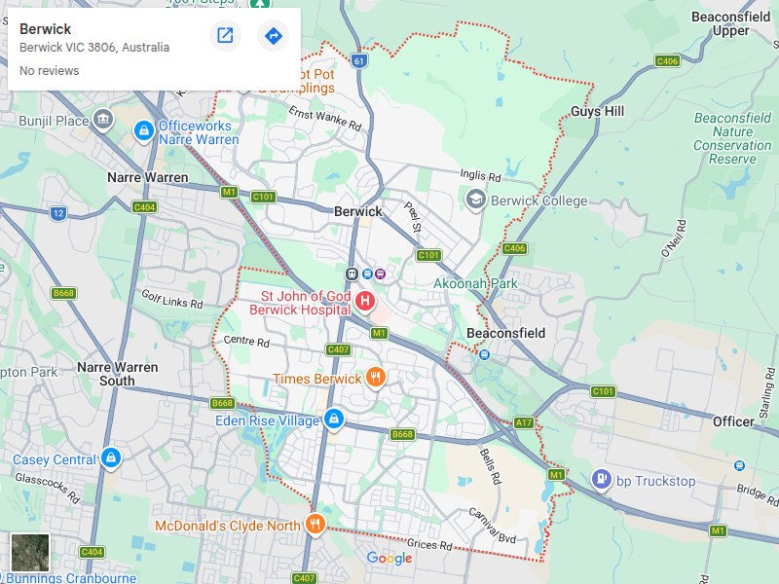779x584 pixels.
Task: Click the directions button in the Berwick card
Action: click(x=273, y=36)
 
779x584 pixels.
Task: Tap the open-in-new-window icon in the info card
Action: click(x=225, y=36)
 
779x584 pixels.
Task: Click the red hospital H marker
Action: click(x=365, y=301)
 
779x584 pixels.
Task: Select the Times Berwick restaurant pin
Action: click(x=376, y=378)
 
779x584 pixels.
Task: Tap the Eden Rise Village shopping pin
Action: click(x=334, y=420)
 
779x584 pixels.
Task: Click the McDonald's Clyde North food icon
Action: click(x=315, y=526)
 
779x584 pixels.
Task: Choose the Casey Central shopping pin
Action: click(x=111, y=458)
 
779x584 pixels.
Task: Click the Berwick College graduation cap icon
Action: click(x=476, y=201)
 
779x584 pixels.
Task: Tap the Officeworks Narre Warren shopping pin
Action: click(x=143, y=128)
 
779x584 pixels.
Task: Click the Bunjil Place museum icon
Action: click(x=103, y=121)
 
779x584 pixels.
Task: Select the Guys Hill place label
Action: click(x=597, y=112)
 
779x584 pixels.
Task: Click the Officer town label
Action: click(x=732, y=421)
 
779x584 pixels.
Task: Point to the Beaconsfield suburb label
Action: click(x=505, y=333)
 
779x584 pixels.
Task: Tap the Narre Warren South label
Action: click(x=117, y=374)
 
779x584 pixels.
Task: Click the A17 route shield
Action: click(x=524, y=421)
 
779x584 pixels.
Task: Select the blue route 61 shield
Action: click(x=360, y=60)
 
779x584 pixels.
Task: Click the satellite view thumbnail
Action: click(x=30, y=552)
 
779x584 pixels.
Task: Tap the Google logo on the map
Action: click(x=389, y=558)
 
